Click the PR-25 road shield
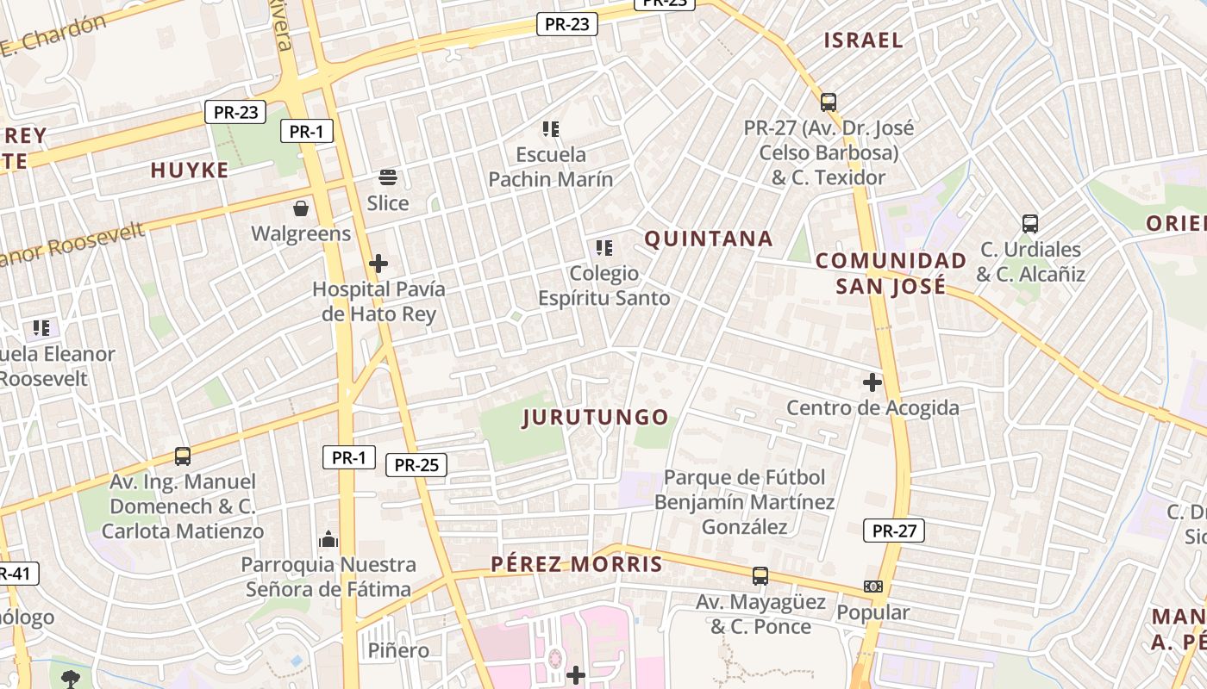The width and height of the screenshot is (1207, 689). click(x=416, y=465)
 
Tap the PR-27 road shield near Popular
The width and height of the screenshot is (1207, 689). click(x=894, y=531)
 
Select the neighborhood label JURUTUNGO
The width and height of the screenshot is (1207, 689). click(x=596, y=418)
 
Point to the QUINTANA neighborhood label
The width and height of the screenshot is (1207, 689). click(x=709, y=239)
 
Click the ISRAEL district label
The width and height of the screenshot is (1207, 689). click(x=863, y=40)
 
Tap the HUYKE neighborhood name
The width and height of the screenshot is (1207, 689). click(x=190, y=170)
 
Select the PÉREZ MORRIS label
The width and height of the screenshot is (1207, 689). click(x=577, y=565)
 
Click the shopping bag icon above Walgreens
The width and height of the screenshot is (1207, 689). click(x=301, y=208)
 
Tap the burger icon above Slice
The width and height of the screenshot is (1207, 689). click(x=388, y=177)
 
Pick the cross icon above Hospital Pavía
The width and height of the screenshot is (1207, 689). click(x=378, y=264)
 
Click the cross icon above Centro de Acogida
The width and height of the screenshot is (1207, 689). click(x=872, y=382)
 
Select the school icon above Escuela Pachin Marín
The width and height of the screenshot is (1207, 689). click(x=551, y=129)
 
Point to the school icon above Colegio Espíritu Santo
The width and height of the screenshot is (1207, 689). click(x=604, y=248)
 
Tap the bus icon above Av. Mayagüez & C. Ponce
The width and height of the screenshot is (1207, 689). click(x=760, y=575)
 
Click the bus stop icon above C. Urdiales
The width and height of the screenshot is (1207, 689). click(x=1029, y=224)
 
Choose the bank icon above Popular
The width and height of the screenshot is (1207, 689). click(x=873, y=587)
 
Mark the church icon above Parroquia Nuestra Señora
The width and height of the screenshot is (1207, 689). click(x=328, y=539)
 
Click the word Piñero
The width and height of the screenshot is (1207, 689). click(x=398, y=650)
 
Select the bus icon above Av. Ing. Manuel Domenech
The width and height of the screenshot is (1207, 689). click(x=183, y=456)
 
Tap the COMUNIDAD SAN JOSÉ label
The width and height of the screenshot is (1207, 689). click(x=891, y=273)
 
